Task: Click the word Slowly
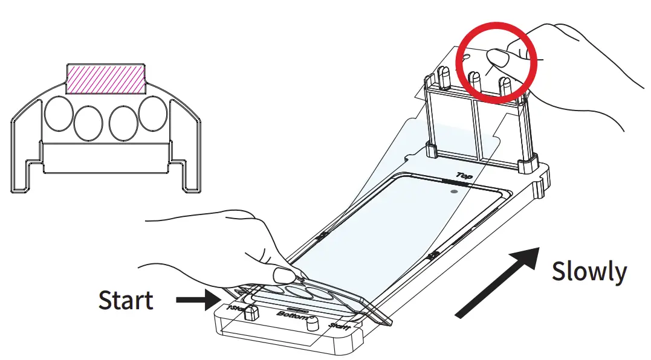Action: [x=589, y=271]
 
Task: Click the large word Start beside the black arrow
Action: [x=126, y=300]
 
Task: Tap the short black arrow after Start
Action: [x=192, y=299]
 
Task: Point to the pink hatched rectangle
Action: [x=105, y=79]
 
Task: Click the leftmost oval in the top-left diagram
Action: [x=60, y=114]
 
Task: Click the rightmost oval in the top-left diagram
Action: [x=152, y=114]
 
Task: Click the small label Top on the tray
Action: [x=464, y=175]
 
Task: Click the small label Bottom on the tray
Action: [x=292, y=315]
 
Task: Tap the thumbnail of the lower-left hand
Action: [x=282, y=275]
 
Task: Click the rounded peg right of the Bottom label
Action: [x=313, y=324]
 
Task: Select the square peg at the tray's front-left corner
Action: [x=253, y=312]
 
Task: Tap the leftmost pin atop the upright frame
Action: [x=444, y=77]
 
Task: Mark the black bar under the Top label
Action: [x=457, y=181]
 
